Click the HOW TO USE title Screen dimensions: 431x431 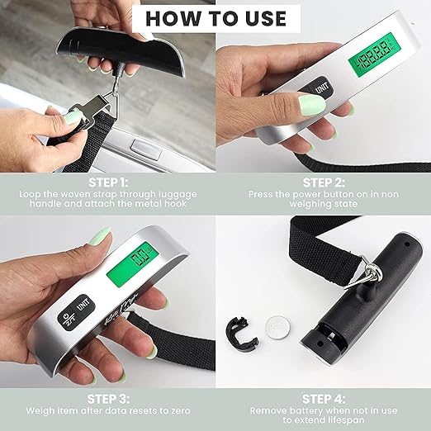coord(215,19)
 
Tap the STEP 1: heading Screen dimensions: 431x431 coord(108,182)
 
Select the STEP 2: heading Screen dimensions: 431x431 coord(324,182)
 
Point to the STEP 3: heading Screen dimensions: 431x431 coord(108,399)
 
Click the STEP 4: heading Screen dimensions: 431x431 coord(324,399)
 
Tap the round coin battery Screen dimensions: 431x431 coord(277,328)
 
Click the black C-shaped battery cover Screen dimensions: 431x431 coord(241,334)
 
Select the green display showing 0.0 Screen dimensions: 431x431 coord(134,263)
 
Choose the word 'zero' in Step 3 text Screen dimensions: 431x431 coord(178,411)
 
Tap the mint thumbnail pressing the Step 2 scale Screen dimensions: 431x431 coord(312,106)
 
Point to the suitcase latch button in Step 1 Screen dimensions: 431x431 coord(146,149)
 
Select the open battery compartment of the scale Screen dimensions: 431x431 coord(328,334)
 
